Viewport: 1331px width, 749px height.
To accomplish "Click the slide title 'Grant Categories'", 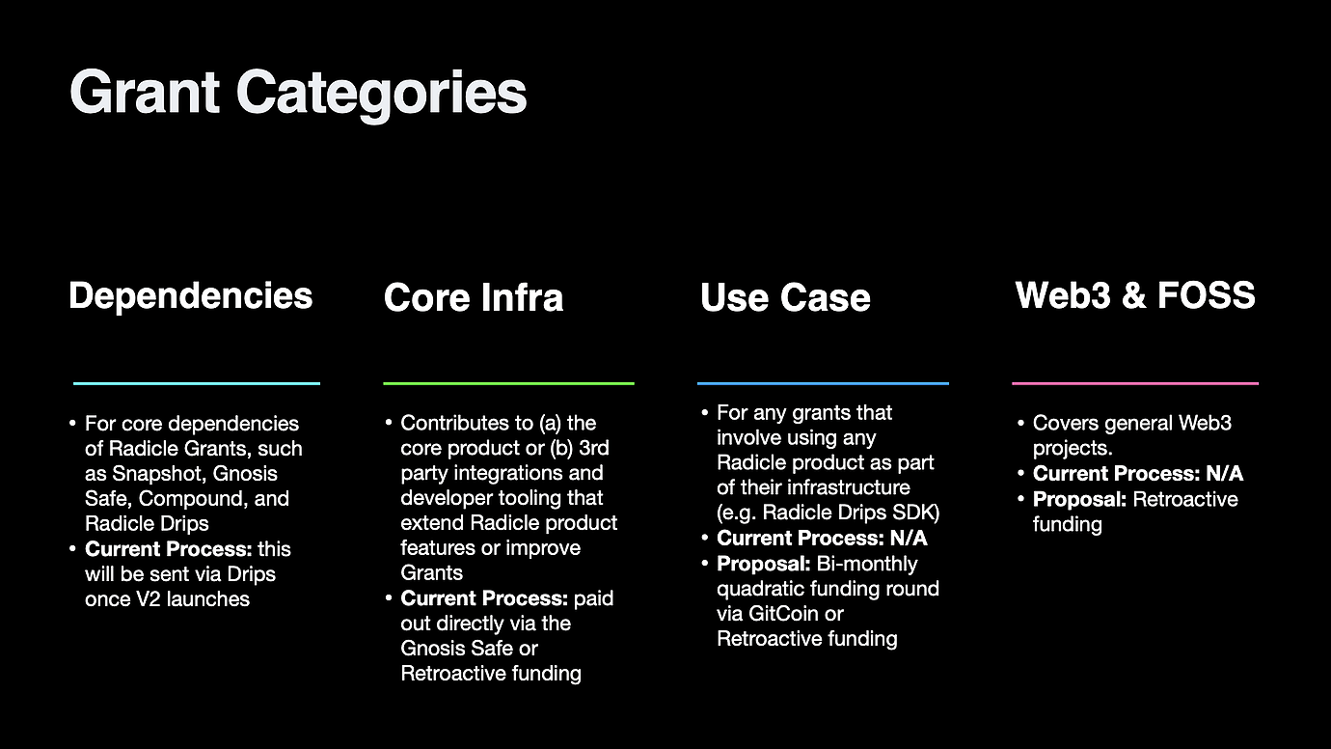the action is (x=298, y=94).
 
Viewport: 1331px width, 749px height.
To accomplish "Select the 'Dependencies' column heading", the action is (x=190, y=296).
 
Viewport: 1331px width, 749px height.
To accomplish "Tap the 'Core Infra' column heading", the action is (x=473, y=297).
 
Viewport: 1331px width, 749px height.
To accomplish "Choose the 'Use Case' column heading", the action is (x=785, y=297).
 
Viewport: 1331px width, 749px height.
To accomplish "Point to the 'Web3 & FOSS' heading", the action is (x=1135, y=294).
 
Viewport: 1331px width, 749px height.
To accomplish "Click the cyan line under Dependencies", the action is (x=196, y=383).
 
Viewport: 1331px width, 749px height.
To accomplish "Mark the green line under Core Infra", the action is (x=508, y=383).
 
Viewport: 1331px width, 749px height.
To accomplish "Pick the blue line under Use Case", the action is (x=823, y=383).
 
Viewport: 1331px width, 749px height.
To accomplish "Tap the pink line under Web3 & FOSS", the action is (x=1135, y=383).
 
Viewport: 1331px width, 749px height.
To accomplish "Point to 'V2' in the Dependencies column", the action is (x=148, y=598).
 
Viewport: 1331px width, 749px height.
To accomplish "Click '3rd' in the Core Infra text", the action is (x=593, y=448).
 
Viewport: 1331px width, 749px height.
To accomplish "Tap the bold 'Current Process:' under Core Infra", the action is (x=484, y=598).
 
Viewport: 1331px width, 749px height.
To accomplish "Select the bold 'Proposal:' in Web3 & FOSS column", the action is (x=1079, y=499).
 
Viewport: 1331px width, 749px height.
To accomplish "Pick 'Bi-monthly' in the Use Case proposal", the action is (x=867, y=564).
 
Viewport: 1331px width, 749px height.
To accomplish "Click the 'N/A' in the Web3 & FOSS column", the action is (x=1225, y=474).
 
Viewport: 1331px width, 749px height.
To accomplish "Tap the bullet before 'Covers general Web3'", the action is (x=1020, y=424).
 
